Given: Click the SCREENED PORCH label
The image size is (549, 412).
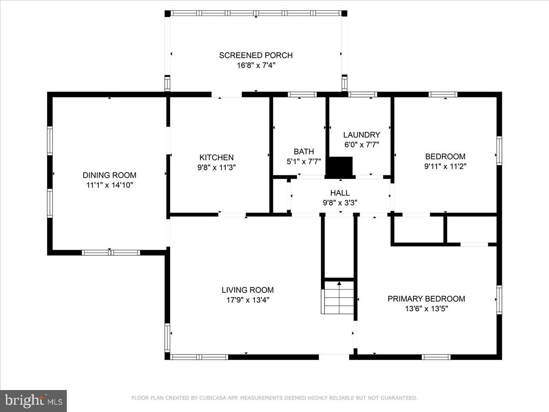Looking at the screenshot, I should tap(256, 55).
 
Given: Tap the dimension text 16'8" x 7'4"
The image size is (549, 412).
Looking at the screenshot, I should tap(256, 65).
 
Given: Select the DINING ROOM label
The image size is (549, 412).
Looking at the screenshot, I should tap(109, 175).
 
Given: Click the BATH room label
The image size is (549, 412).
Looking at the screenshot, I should tap(304, 152).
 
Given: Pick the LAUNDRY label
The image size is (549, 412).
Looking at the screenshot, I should tap(361, 135).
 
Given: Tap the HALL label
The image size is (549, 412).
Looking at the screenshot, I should tap(340, 193).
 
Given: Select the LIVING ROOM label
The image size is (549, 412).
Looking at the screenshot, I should tap(248, 290).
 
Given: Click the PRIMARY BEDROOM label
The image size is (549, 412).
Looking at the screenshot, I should tap(426, 299).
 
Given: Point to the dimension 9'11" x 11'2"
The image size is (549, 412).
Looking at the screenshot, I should tap(445, 167).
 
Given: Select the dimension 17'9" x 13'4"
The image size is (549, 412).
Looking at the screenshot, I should tap(248, 300).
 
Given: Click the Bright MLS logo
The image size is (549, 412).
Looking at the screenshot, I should tap(33, 401).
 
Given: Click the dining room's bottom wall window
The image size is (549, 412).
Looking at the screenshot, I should tap(111, 252).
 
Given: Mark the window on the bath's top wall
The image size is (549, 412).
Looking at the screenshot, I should tap(302, 95).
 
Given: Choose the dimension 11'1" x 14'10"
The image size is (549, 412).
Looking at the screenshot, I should tap(109, 185).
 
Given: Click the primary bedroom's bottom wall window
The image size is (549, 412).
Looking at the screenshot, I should tap(436, 357).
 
